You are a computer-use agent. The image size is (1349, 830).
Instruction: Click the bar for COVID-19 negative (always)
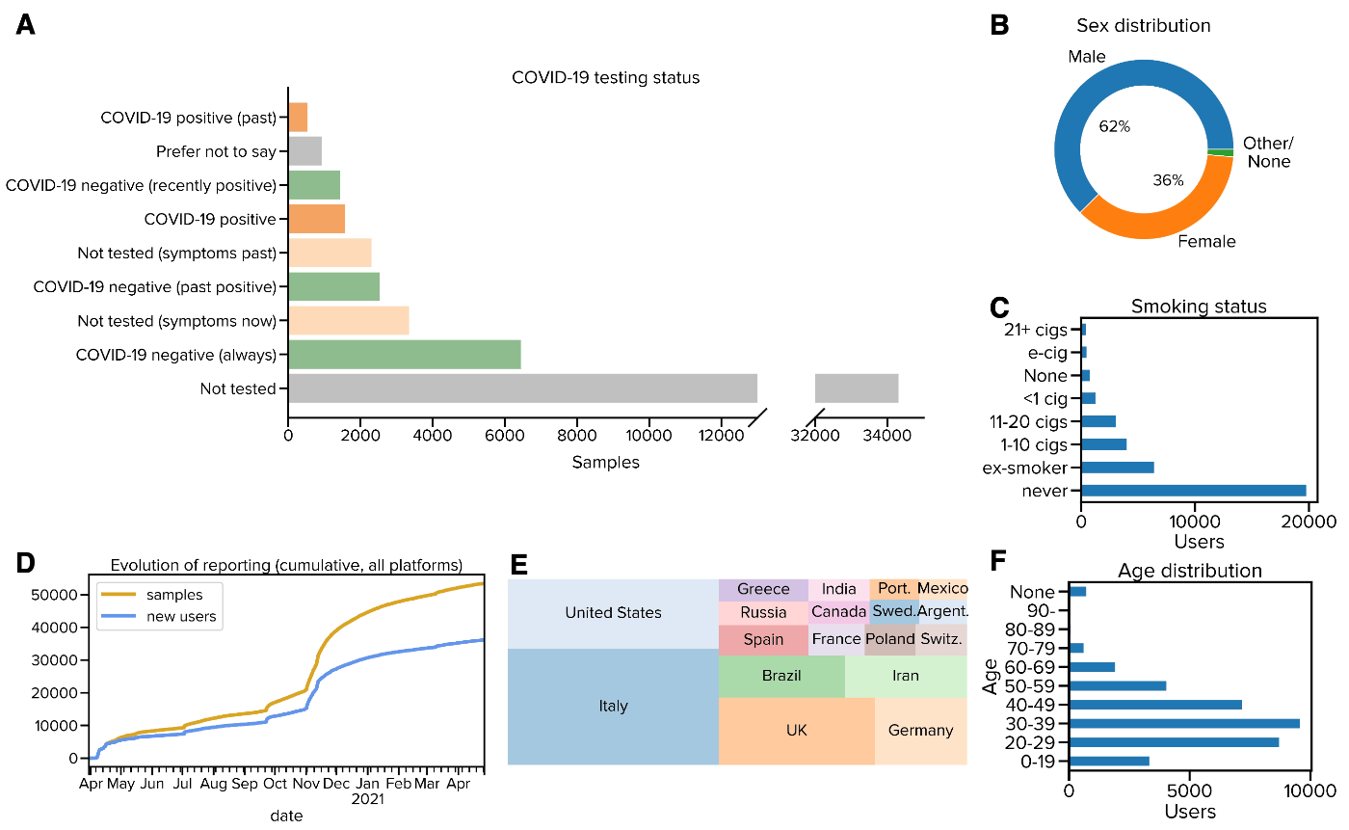click(404, 354)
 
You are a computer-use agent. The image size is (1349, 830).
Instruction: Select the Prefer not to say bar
click(304, 151)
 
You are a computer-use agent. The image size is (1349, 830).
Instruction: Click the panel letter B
click(1000, 25)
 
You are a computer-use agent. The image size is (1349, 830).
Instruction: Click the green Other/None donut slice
click(1221, 152)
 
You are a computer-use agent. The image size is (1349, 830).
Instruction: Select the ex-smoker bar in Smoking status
click(1118, 468)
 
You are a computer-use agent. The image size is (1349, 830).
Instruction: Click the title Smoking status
click(1199, 307)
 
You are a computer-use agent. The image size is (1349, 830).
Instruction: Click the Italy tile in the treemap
click(613, 707)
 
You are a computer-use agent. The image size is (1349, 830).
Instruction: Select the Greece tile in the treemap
click(763, 589)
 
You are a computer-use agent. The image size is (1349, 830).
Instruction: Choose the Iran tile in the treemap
click(905, 676)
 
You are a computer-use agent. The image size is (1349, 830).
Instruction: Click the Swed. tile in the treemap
click(892, 611)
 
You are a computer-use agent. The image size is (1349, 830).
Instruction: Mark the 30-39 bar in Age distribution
click(1184, 723)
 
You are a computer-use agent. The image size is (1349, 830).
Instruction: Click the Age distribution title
click(1190, 571)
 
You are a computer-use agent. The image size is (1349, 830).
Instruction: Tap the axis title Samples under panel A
click(605, 463)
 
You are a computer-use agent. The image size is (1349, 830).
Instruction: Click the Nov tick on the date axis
click(305, 785)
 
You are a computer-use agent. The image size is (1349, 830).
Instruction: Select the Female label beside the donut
click(1207, 241)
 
